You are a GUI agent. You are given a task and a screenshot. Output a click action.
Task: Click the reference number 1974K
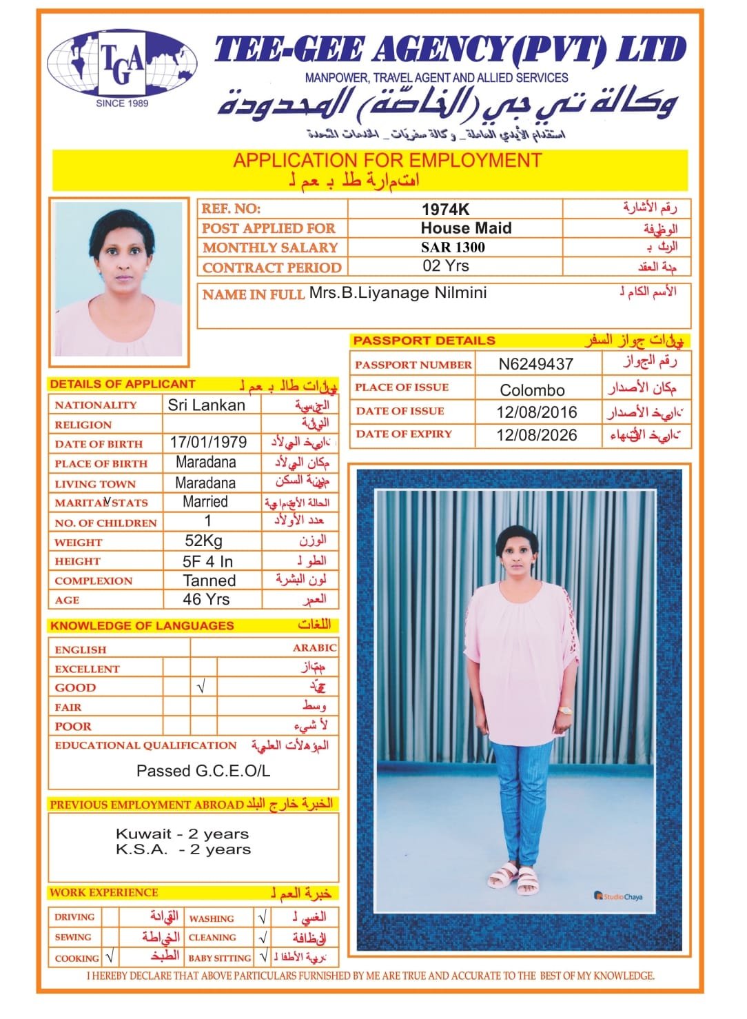click(x=445, y=210)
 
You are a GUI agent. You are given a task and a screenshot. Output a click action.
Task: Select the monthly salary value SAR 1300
click(x=453, y=247)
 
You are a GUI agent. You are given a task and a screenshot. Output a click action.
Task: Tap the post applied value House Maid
click(x=466, y=228)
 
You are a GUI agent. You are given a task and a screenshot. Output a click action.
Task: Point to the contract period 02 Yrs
click(x=446, y=266)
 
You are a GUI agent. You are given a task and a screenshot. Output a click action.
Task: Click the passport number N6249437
click(x=535, y=364)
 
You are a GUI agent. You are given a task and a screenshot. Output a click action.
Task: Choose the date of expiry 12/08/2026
click(x=536, y=435)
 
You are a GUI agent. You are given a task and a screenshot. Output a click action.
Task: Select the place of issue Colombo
click(x=532, y=390)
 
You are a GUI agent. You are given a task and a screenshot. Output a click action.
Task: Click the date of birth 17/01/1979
click(x=208, y=442)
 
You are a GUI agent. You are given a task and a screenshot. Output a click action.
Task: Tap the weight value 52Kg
click(x=203, y=541)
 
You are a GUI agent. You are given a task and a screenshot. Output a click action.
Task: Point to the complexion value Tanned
click(x=209, y=581)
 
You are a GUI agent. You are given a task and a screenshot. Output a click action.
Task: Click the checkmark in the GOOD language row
click(x=201, y=687)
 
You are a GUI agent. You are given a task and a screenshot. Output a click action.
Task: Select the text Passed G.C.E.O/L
click(x=203, y=771)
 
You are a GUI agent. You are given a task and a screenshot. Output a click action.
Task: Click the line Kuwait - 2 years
click(x=182, y=834)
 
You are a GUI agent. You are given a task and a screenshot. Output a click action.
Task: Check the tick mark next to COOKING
click(x=110, y=957)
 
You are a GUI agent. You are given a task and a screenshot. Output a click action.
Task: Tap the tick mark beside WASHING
click(x=262, y=918)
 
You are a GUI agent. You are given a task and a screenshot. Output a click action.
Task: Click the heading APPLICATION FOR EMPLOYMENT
click(x=387, y=161)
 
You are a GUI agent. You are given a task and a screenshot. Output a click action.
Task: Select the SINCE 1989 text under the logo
click(x=122, y=103)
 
